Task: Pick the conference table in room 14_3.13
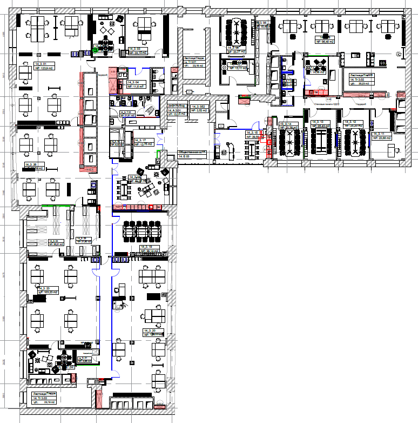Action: point(323,142)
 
